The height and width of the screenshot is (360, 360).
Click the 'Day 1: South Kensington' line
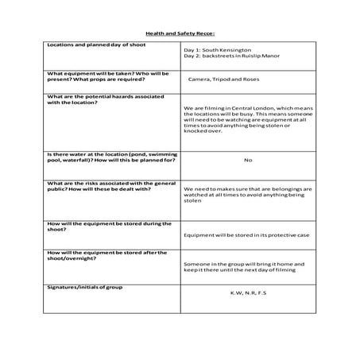click(x=214, y=49)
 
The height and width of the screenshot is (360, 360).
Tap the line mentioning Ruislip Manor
click(x=229, y=56)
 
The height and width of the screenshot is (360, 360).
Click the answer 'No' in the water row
click(x=248, y=160)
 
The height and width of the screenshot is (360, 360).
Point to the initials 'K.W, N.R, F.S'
click(x=248, y=292)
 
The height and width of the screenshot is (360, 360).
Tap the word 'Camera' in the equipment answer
click(x=199, y=79)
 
